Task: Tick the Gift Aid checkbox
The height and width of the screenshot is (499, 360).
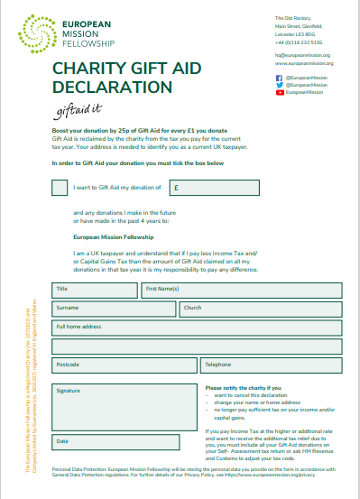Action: coord(60,189)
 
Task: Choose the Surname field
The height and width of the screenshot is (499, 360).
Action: coord(114,309)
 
